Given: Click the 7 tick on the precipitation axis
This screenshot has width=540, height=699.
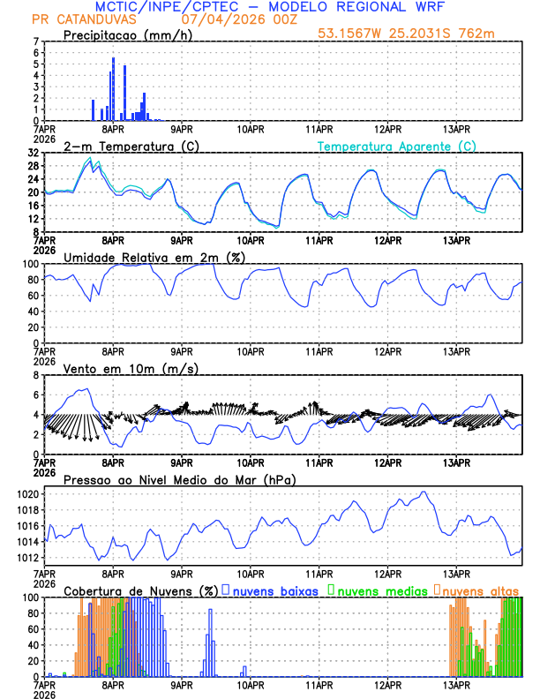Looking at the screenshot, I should [35, 41].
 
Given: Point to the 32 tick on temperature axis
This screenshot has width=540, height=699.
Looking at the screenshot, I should [34, 153].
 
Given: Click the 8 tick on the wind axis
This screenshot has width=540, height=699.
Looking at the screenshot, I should [35, 375].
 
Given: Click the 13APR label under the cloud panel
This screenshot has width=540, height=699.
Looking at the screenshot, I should [456, 683].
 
